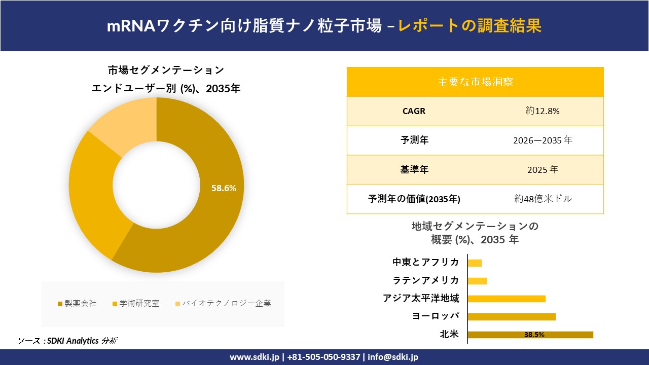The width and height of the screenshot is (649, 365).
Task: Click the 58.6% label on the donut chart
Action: tap(224, 188)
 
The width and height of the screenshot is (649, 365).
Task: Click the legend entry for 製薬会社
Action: tap(77, 303)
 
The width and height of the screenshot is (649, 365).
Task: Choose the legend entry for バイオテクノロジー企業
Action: tap(223, 303)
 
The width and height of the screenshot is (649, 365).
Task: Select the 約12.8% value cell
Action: tap(542, 111)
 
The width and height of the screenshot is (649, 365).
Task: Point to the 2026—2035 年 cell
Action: tap(542, 140)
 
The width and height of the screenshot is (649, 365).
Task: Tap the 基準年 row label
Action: tap(414, 170)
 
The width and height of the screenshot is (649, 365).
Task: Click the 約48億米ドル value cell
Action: tap(543, 199)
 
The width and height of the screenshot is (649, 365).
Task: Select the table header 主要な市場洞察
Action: tap(475, 82)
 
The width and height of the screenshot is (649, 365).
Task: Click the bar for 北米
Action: tap(530, 335)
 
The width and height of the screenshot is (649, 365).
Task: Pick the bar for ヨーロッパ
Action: tap(511, 317)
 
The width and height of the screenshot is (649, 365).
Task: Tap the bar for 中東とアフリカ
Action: tap(475, 263)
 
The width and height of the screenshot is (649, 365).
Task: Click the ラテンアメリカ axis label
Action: tap(426, 280)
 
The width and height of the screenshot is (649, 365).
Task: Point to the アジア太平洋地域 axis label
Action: tap(421, 299)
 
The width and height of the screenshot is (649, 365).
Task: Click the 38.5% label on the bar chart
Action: tap(534, 335)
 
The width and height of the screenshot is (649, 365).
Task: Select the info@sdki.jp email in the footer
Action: tap(393, 357)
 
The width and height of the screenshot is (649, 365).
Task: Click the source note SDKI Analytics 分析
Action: tap(67, 341)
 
